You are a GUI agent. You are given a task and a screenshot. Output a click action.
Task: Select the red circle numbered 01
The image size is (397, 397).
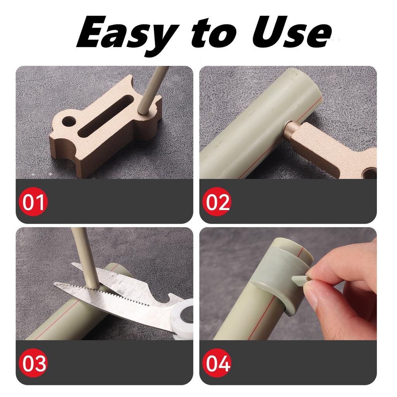click(33, 202)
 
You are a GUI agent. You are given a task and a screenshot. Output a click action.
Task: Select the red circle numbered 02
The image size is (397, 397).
click(217, 202)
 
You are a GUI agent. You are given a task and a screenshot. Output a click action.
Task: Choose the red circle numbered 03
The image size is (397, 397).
click(33, 363)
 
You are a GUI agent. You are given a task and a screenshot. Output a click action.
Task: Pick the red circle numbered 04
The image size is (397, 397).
click(217, 363)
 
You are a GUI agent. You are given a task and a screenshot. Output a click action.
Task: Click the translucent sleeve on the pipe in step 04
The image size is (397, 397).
click(275, 271)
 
